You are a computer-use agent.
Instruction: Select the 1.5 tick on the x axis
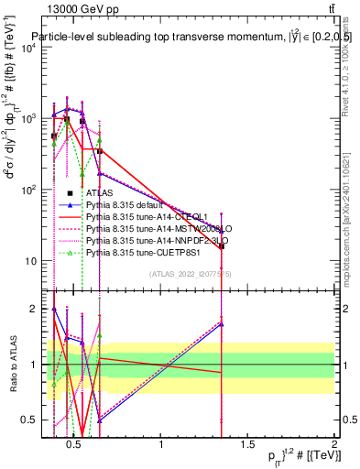pyautogui.click(x=247, y=446)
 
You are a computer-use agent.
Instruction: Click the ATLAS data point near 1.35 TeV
pyautogui.click(x=222, y=246)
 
